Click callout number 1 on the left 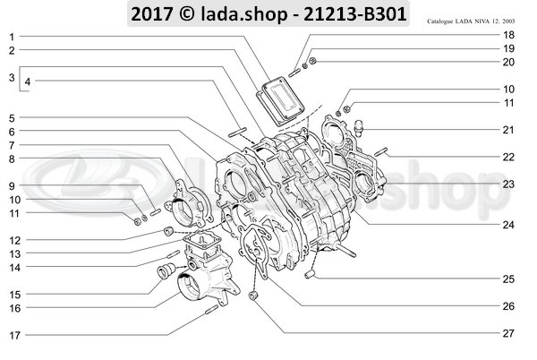click(x=11, y=36)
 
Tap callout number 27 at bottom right click(x=507, y=333)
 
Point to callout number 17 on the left click(x=13, y=336)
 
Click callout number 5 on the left click(x=11, y=118)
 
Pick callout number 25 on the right click(x=507, y=279)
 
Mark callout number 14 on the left click(x=13, y=267)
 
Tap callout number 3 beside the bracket click(x=10, y=79)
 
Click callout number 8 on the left click(x=11, y=159)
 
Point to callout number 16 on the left click(x=13, y=308)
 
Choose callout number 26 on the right click(x=507, y=306)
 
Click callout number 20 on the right click(x=507, y=62)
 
